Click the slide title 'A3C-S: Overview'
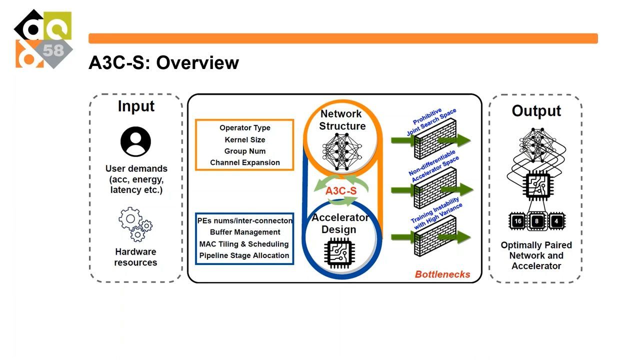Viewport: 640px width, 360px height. [x=163, y=63]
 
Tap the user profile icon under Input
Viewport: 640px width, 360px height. [x=135, y=141]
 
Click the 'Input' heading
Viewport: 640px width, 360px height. [x=136, y=106]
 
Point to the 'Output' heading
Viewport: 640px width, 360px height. [x=536, y=111]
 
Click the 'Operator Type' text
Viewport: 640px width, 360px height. [x=244, y=128]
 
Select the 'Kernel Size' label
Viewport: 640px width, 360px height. [x=244, y=139]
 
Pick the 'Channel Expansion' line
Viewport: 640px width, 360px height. [x=244, y=162]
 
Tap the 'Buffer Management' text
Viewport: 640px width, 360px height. [x=244, y=232]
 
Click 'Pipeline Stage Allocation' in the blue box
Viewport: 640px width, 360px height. [x=244, y=255]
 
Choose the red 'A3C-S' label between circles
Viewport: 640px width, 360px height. [x=341, y=191]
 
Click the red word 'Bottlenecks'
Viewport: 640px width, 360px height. [x=442, y=274]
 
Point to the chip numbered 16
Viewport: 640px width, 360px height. [x=518, y=221]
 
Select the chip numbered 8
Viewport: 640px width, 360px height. [x=537, y=221]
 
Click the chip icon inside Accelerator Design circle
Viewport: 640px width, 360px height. [x=342, y=252]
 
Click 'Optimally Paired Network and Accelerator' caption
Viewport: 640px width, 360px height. [x=536, y=255]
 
